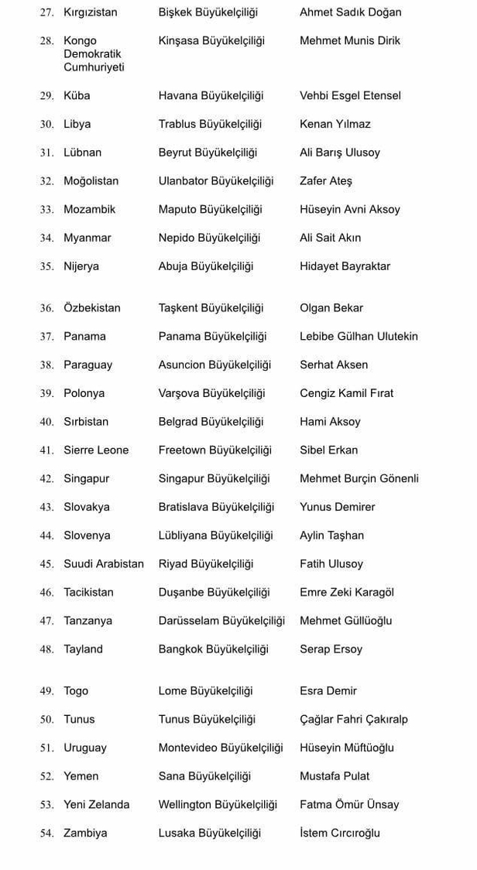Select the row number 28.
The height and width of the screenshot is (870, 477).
click(46, 41)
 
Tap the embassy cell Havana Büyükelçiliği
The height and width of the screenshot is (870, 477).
click(211, 96)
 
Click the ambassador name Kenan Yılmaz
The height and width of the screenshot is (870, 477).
click(335, 124)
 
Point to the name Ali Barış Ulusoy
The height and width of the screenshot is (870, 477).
click(340, 152)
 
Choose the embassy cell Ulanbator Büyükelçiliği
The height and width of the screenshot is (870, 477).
click(216, 181)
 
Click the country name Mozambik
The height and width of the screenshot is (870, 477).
click(90, 209)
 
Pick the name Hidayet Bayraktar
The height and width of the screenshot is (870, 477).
click(345, 266)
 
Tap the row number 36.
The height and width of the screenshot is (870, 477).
click(46, 308)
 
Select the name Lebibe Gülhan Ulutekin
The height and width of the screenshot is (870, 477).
click(359, 337)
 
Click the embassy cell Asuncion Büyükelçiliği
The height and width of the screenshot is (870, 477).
click(214, 365)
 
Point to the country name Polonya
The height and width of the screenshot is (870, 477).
click(84, 393)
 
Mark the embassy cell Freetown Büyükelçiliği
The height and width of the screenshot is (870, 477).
click(215, 450)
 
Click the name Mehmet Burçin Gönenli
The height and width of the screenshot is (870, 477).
click(359, 478)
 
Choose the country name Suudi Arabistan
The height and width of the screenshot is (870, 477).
click(104, 564)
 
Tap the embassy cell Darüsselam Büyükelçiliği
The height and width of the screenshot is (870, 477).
click(221, 621)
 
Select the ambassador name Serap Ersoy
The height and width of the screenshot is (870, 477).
click(331, 649)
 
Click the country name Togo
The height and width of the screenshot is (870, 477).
click(76, 691)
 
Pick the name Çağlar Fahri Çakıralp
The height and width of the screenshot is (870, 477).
click(354, 719)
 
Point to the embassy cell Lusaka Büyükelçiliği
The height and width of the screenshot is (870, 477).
click(210, 833)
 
